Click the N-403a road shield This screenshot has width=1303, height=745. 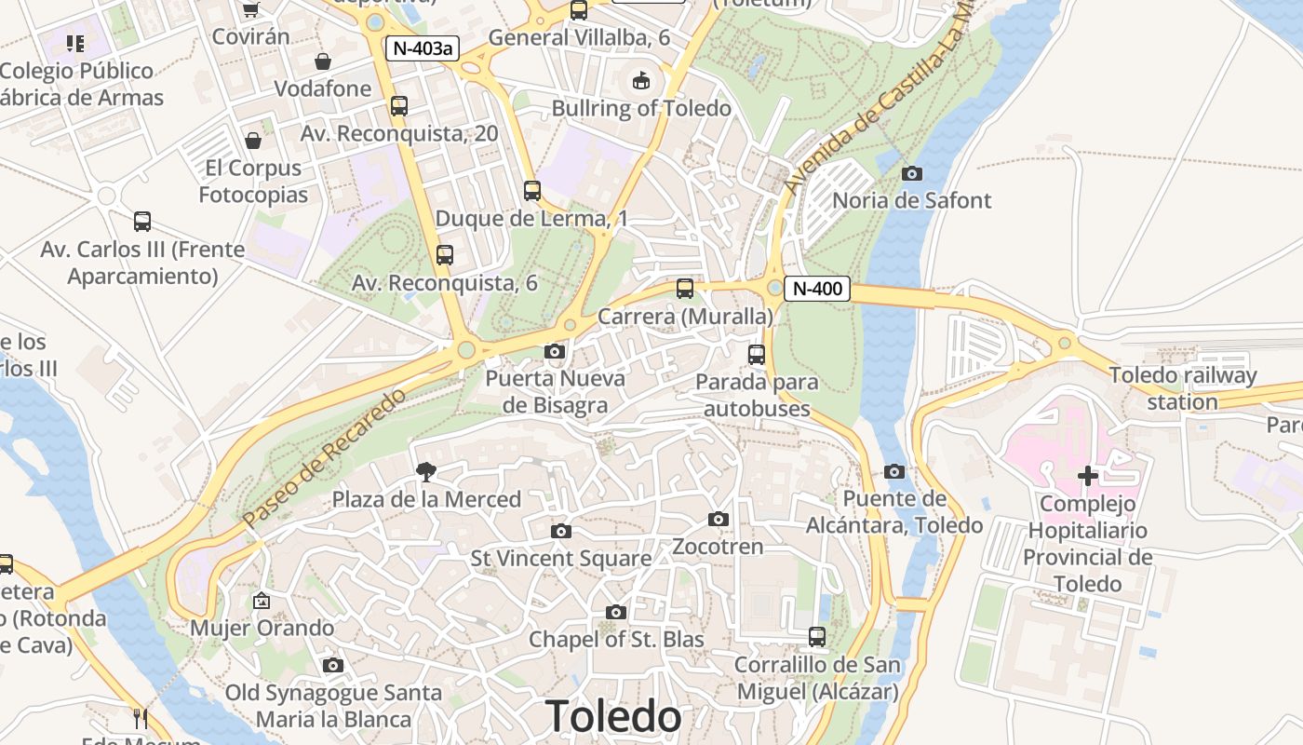click(423, 48)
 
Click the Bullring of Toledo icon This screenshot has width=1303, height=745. click(641, 81)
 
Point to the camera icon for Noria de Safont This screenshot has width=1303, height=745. click(912, 173)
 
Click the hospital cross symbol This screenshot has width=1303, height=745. click(1087, 477)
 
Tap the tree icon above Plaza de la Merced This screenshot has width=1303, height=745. click(426, 472)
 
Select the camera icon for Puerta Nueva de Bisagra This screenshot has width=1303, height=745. click(555, 352)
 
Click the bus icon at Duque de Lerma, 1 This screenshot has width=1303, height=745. click(532, 191)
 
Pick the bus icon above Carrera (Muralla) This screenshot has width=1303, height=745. click(685, 289)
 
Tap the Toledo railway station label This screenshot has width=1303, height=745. click(1183, 388)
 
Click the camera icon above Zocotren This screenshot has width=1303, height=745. click(718, 519)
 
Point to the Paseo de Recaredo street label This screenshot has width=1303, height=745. click(324, 457)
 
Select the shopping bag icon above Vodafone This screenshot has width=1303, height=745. click(323, 61)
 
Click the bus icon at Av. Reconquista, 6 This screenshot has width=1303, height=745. click(445, 255)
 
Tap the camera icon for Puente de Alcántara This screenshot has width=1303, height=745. click(894, 471)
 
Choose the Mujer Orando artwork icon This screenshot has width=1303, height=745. click(262, 601)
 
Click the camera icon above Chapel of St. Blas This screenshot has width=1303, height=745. click(615, 612)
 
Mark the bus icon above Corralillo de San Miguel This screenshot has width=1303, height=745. click(817, 637)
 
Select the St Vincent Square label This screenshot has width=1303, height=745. click(561, 558)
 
